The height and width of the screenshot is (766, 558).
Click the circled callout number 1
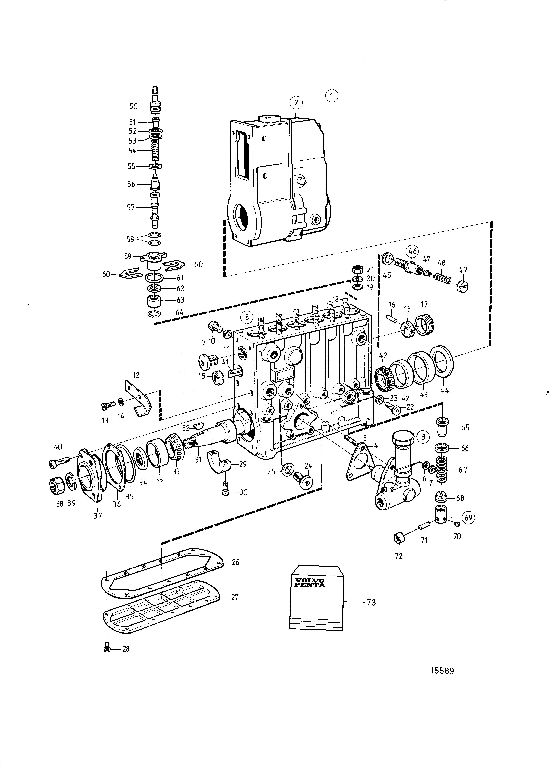pyautogui.click(x=332, y=96)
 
